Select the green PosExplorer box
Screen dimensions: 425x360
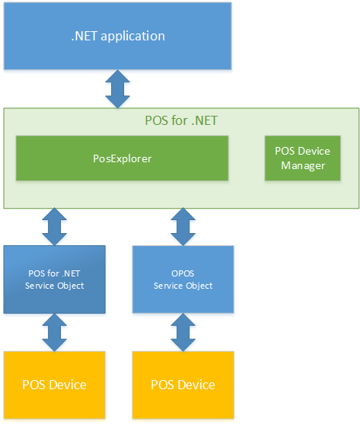point(122,158)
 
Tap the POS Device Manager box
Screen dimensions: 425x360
point(302,158)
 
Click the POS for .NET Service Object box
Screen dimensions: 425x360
point(53,279)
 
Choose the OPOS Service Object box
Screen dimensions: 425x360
point(183,279)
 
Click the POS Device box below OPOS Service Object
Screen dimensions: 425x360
point(183,384)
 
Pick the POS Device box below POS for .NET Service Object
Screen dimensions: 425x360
point(53,384)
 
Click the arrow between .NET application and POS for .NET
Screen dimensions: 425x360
point(117,90)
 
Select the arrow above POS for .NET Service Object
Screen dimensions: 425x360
point(53,227)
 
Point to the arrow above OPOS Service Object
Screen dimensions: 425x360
point(183,227)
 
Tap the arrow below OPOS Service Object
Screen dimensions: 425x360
point(183,332)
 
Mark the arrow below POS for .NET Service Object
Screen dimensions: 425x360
point(53,332)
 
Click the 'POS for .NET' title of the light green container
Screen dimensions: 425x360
point(180,120)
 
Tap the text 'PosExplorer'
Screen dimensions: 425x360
point(122,158)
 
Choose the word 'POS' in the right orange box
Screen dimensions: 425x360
point(162,384)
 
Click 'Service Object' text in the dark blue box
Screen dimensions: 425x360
point(53,286)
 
